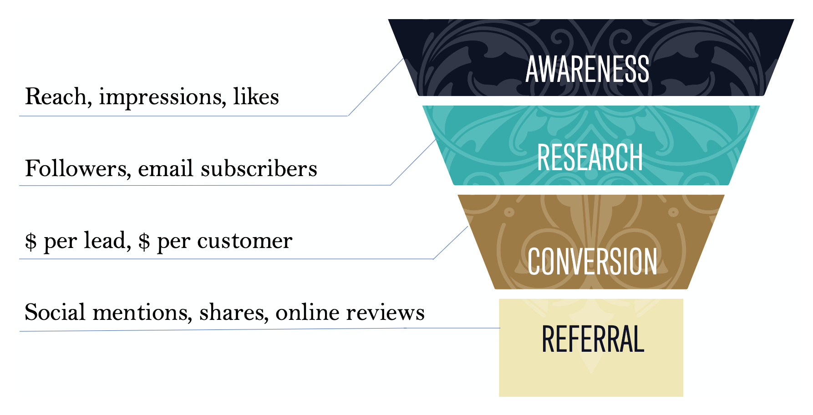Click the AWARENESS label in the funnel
coord(587,69)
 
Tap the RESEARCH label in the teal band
coord(590,157)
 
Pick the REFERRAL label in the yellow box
coord(593,339)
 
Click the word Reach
coord(56,96)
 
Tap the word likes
coord(256,96)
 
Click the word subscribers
coord(259,168)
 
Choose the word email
coord(167,168)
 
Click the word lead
coord(106,240)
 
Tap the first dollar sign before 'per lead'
coord(30,241)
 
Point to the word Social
coord(55,312)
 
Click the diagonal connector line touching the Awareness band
coord(376,87)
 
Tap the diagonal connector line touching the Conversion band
coord(451,243)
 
